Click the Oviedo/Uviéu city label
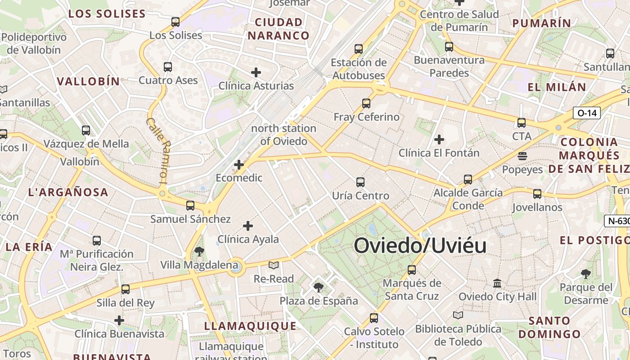420,246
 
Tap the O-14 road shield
587,113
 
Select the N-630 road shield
618,221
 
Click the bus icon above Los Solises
175,22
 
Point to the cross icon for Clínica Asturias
256,72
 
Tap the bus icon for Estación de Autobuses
359,49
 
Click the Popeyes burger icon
522,156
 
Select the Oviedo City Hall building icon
497,283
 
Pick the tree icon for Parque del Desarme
585,274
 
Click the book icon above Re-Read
273,265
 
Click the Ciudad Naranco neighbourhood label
279,29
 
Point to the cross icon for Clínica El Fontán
439,139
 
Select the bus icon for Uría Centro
360,182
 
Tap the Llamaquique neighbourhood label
250,326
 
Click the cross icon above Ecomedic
239,165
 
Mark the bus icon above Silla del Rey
126,289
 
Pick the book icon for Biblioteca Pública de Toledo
458,315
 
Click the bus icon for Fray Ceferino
366,103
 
